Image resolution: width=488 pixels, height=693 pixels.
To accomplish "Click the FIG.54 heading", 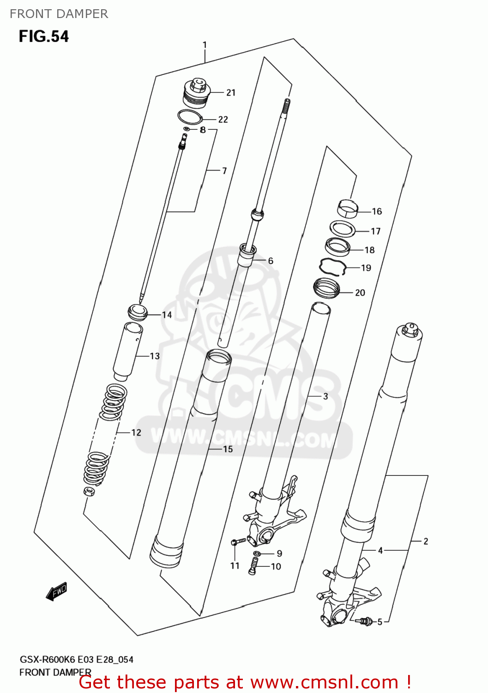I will (x=43, y=36).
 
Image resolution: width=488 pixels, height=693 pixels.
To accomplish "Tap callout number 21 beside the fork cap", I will (x=231, y=93).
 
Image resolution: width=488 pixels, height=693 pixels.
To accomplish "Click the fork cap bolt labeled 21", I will (x=197, y=93).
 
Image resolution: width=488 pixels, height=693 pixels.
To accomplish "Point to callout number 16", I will (x=377, y=212).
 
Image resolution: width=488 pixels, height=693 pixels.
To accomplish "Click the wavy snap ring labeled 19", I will (x=333, y=267).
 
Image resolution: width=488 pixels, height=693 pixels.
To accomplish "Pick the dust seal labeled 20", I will (x=326, y=288).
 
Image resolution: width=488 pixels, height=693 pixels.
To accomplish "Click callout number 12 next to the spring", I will (x=136, y=433).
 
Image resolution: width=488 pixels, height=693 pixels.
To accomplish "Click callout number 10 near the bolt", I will (x=276, y=567).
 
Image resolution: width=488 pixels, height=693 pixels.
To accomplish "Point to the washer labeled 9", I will (x=257, y=553).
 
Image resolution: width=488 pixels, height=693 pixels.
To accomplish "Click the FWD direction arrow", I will (x=57, y=591).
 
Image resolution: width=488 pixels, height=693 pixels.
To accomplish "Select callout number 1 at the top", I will (x=205, y=45).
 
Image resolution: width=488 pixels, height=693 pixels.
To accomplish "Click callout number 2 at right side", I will (x=426, y=541).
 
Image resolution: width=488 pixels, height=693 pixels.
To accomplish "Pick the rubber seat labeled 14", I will (x=137, y=313).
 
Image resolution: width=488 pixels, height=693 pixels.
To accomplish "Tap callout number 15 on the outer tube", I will (x=228, y=449).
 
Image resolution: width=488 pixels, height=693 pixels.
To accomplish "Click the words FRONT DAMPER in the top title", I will (x=59, y=14).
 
